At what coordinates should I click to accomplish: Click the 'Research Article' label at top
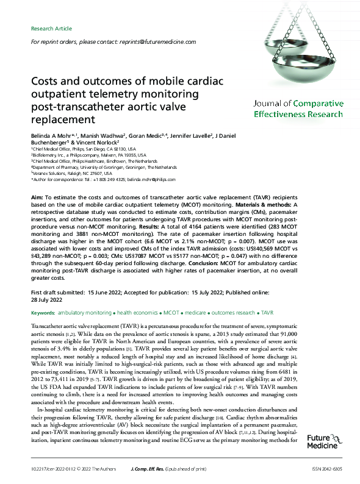pos(51,29)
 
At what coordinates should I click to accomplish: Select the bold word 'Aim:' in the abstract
pos(37,199)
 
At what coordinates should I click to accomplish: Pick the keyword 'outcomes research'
pos(234,312)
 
